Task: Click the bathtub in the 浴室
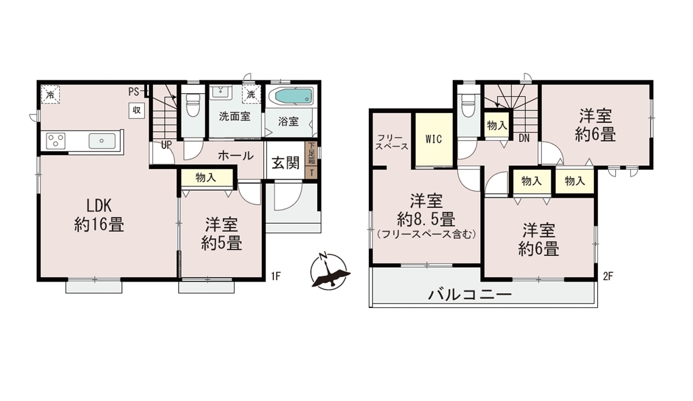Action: click(293, 97)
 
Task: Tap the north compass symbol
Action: click(330, 272)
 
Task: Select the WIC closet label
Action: click(434, 140)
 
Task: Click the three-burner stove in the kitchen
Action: click(56, 141)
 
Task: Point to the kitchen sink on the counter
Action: click(102, 141)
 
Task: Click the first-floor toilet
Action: click(192, 104)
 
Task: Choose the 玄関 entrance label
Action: click(285, 163)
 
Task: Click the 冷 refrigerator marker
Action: click(50, 95)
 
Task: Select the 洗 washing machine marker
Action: click(251, 94)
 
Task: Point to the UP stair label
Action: click(166, 144)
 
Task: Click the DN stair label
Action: click(524, 138)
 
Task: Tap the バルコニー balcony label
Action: click(470, 295)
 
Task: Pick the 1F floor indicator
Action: click(276, 276)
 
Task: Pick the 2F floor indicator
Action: click(608, 276)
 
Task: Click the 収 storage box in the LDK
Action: click(137, 110)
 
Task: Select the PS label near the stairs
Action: click(134, 92)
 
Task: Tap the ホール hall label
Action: click(236, 155)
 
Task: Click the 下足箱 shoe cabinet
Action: click(311, 154)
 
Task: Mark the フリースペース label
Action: click(391, 142)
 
